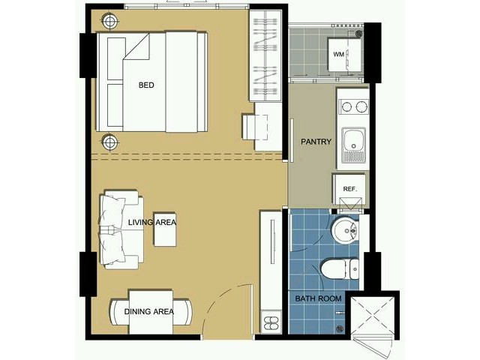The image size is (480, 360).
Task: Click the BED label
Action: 146,85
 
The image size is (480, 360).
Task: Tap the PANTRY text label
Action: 316,142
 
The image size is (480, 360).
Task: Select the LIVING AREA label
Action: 152,222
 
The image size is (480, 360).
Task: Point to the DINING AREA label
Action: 149,312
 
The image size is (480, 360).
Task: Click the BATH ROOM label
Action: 318,298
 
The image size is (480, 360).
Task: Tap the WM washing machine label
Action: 338,55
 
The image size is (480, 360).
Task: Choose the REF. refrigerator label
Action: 350,189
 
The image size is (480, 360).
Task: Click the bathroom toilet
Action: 340,269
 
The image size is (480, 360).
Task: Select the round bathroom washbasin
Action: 344,230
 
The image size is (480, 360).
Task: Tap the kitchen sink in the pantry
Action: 353,145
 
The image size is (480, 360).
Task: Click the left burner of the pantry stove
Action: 346,106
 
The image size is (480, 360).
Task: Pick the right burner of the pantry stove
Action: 361,106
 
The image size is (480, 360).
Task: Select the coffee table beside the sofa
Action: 165,229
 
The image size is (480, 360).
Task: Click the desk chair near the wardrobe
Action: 255,127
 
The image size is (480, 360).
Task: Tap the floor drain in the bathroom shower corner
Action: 340,329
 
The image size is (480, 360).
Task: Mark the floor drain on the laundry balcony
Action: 359,34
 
